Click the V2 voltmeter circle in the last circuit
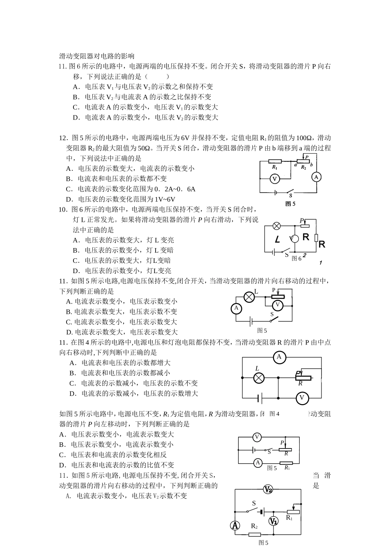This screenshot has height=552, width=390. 268,489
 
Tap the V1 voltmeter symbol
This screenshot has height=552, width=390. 273,521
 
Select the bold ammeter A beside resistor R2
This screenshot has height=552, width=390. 235,525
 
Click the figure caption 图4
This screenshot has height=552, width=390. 274,414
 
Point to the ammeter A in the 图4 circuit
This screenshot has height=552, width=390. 279,357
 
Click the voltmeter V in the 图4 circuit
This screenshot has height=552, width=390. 302,398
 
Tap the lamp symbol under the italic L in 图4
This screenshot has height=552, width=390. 259,378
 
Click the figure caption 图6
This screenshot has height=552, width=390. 296,258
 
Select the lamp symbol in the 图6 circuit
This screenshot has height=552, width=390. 277,225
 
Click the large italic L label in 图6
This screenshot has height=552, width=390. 278,239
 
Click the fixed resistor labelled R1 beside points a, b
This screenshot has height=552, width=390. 275,161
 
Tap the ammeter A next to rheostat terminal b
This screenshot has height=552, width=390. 316,177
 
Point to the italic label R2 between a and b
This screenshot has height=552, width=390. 303,168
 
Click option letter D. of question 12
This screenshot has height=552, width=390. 70,199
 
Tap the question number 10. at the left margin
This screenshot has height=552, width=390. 64,209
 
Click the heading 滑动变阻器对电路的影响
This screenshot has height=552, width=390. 97,56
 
